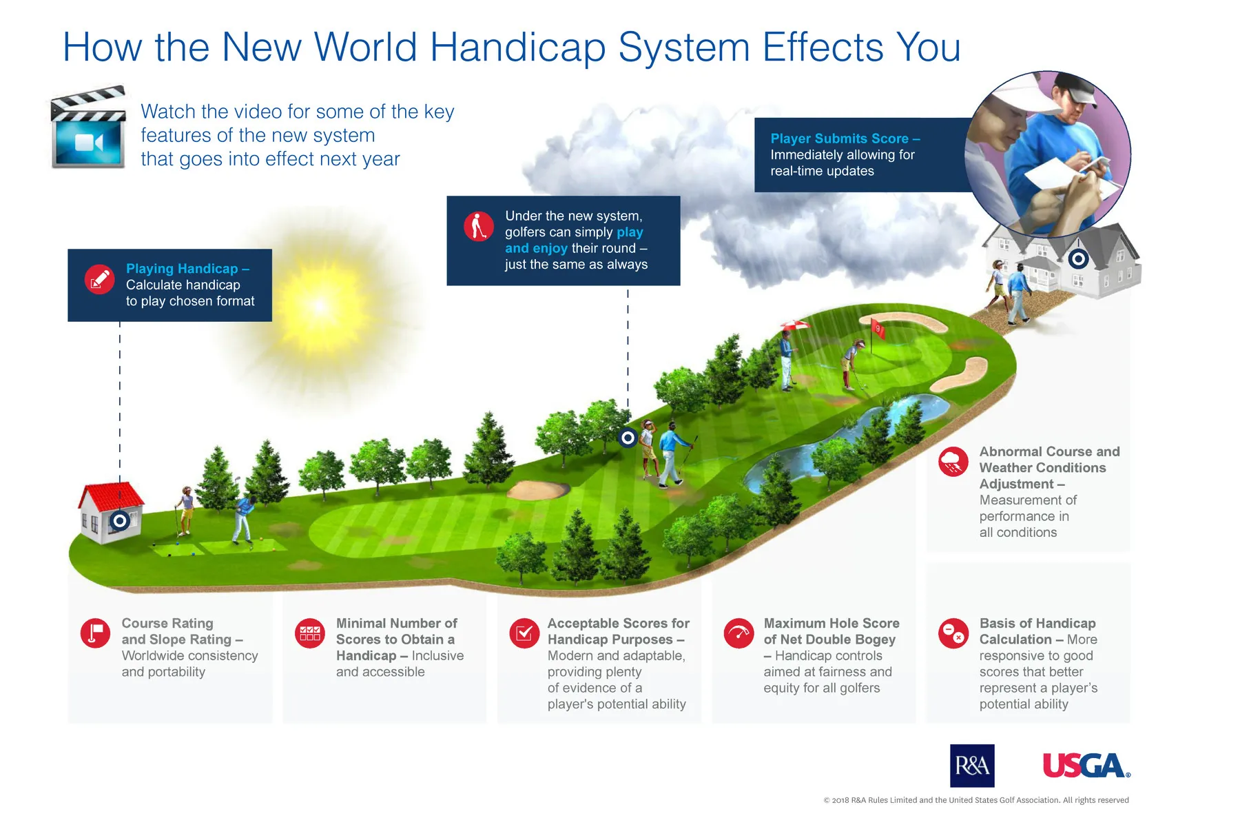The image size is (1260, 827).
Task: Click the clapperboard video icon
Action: click(88, 127)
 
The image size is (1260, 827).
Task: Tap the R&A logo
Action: click(972, 766)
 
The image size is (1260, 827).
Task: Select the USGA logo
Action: click(1086, 766)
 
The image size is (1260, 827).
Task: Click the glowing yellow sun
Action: click(320, 307)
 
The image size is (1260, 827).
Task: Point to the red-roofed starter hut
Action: click(110, 513)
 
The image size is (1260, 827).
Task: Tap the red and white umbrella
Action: click(795, 325)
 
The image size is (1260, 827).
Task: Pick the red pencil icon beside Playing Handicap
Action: click(100, 279)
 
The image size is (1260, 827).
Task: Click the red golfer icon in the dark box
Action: click(479, 226)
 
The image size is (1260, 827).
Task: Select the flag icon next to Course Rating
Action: click(95, 633)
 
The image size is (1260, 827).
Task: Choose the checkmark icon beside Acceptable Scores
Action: click(524, 633)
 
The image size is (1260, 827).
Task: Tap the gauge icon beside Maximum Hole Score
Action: click(739, 633)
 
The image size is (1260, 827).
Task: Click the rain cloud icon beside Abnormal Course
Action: click(953, 461)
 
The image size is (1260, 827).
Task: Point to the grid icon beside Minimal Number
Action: click(310, 633)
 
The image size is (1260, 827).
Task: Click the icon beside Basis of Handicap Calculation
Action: click(953, 633)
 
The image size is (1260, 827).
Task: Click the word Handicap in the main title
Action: click(517, 48)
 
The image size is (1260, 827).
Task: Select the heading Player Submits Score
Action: click(845, 139)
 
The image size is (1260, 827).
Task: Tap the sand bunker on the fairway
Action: click(539, 489)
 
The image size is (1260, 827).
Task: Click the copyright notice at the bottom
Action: click(976, 800)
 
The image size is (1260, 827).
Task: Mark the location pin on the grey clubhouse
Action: click(1078, 259)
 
